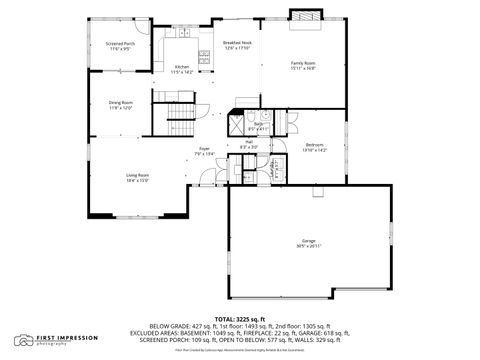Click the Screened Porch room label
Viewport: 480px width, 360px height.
[121, 44]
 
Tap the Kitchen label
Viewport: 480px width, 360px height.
[181, 67]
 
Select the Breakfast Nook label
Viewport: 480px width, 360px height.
[237, 43]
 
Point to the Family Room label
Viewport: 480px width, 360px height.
[303, 62]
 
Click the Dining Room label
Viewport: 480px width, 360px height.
[121, 102]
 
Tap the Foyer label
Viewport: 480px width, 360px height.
[203, 149]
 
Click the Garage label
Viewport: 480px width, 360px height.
[309, 241]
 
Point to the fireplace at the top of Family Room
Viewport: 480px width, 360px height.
[304, 15]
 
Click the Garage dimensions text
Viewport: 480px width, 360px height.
[309, 247]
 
